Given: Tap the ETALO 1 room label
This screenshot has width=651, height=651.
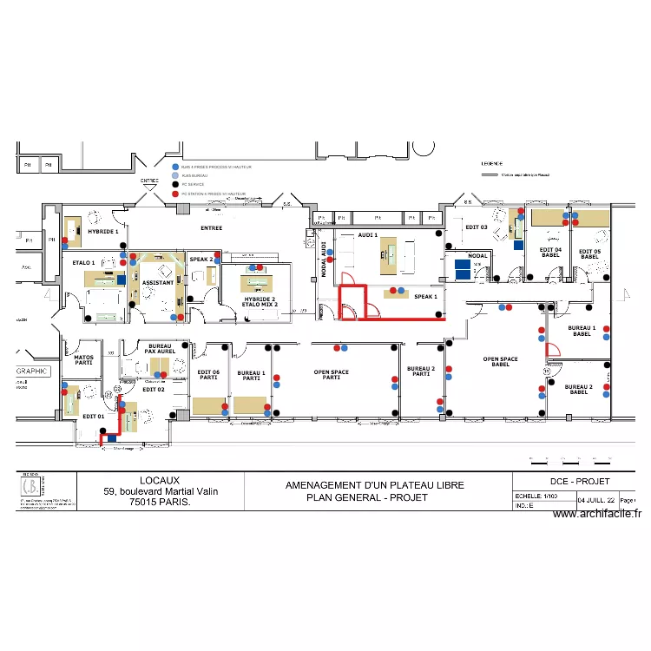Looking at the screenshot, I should pos(84,261).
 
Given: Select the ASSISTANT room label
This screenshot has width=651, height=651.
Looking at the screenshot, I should pos(158,283).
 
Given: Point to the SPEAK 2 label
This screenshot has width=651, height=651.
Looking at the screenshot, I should pos(201,259).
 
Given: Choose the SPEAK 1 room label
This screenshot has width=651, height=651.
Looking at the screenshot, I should pos(425,296).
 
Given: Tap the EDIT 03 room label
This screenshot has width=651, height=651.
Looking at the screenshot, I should pos(477,227).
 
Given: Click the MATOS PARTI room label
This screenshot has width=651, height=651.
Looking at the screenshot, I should pos(84,359).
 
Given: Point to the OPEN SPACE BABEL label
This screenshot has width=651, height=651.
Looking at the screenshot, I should pos(501,362).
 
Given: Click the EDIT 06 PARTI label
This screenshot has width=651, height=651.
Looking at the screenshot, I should pos(209,374).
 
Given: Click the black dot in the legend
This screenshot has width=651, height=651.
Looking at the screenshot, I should pos(175,184).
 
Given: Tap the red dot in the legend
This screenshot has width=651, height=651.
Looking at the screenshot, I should pos(175,194).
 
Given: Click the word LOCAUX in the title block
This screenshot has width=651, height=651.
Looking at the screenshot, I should pos(161,480).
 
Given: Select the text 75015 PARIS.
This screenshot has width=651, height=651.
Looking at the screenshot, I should pos(161,502).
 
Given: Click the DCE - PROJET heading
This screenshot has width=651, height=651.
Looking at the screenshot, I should pos(575,482).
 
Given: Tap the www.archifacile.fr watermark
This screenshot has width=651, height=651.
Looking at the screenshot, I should pos(596,514).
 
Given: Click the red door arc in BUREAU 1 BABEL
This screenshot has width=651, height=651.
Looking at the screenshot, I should pos(553,351).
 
